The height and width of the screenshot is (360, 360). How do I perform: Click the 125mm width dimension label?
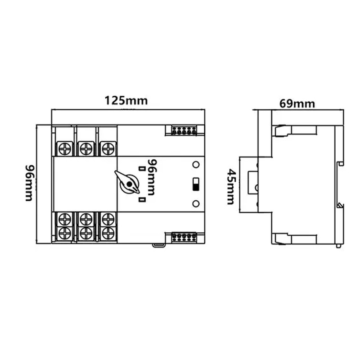click(x=126, y=101)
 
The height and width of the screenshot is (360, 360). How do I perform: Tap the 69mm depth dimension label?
click(x=297, y=104)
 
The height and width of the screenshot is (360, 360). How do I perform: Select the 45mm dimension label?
click(x=230, y=187)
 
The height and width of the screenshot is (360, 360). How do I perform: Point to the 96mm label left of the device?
click(x=30, y=183)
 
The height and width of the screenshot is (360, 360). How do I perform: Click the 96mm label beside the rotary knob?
click(x=152, y=177)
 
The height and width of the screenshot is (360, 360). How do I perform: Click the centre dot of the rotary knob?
click(x=130, y=184)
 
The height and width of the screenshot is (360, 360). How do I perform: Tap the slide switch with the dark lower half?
click(x=196, y=184)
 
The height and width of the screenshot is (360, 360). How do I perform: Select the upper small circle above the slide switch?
click(x=196, y=165)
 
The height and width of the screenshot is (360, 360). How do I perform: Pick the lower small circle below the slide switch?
click(x=196, y=203)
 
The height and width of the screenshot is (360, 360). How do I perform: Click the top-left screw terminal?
click(x=65, y=149)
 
